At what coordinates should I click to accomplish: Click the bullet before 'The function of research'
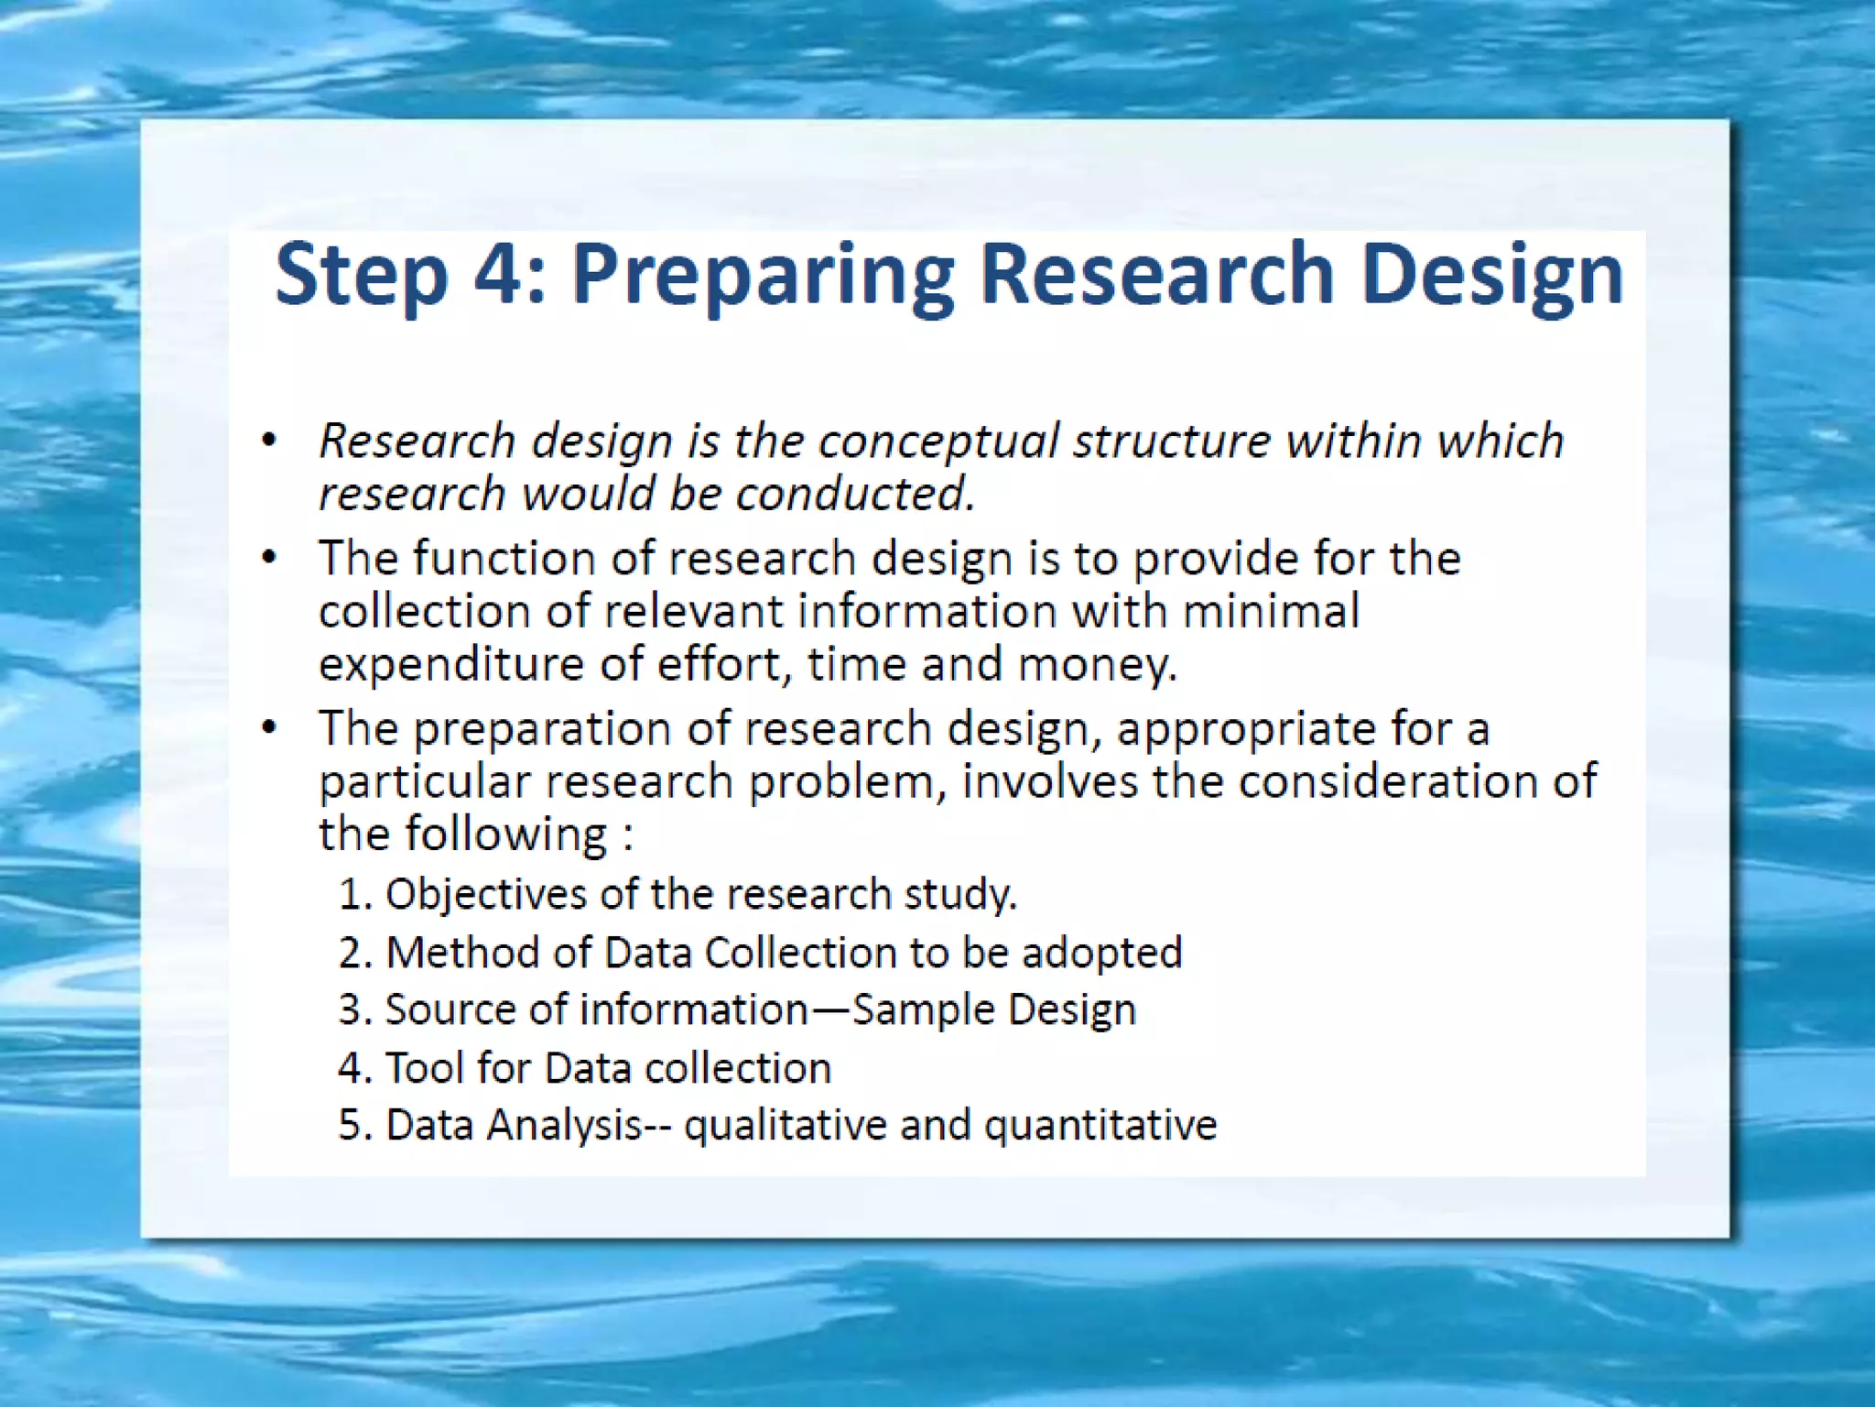tap(268, 558)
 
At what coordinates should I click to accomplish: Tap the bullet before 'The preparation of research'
tap(268, 728)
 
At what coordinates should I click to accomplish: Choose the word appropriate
tap(1245, 730)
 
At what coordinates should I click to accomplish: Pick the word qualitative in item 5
tap(785, 1126)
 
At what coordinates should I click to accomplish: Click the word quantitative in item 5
tap(1100, 1126)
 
